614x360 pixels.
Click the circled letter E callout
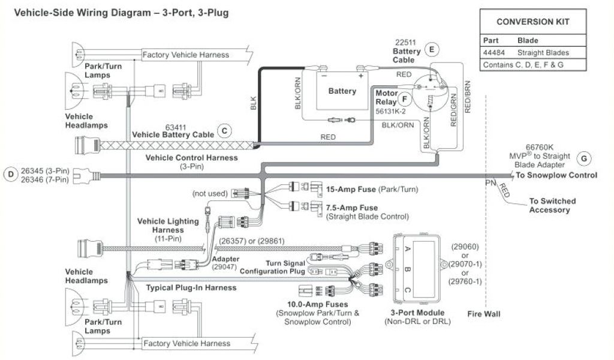(431, 50)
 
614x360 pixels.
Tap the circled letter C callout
(224, 130)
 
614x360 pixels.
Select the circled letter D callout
(10, 175)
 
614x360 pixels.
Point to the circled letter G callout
(583, 158)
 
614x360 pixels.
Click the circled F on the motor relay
(405, 99)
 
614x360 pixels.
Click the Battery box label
(342, 91)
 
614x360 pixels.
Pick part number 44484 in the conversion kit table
(493, 53)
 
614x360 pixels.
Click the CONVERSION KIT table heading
(532, 22)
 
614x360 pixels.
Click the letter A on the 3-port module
(408, 249)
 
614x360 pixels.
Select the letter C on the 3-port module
(408, 290)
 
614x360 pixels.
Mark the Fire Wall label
(483, 314)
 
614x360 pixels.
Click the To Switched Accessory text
(552, 205)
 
